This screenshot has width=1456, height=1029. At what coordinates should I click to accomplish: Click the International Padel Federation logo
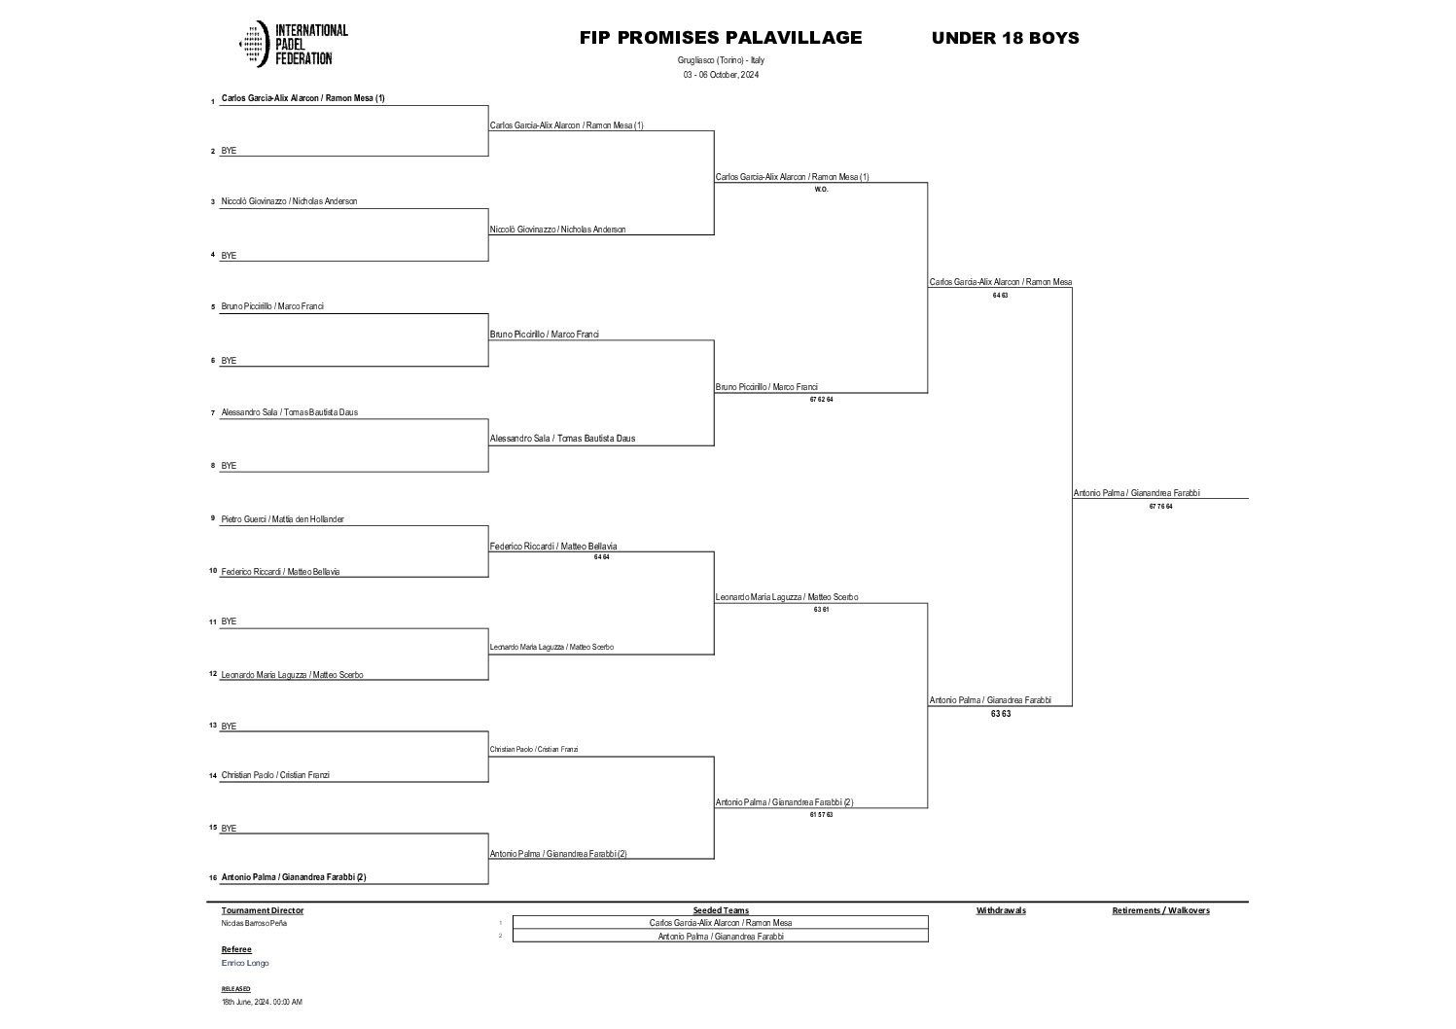tap(294, 45)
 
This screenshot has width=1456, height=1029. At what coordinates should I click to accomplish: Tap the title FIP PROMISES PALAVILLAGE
tap(721, 38)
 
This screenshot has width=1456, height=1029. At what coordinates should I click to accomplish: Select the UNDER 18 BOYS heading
tap(1005, 39)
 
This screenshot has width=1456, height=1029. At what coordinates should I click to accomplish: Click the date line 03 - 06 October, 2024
tap(721, 75)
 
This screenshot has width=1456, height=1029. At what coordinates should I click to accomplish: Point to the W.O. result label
tap(821, 190)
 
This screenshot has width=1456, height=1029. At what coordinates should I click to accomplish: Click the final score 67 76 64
tap(1160, 506)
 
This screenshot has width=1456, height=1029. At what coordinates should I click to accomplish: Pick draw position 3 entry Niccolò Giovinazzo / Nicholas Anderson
tap(289, 201)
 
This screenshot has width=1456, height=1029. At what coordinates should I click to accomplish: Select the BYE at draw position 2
tap(229, 151)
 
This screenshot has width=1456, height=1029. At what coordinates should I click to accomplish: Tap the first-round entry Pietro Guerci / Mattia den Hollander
tap(282, 519)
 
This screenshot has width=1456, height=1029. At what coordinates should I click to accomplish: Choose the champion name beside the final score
tap(1136, 493)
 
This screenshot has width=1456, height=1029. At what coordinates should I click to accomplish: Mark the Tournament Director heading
tap(263, 910)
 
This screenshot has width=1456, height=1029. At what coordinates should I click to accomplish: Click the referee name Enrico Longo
tap(245, 963)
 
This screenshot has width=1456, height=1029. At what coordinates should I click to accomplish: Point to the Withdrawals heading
tap(1001, 910)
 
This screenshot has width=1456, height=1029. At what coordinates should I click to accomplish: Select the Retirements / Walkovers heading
tap(1160, 910)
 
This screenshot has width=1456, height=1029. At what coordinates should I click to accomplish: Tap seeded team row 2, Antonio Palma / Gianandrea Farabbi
tap(721, 937)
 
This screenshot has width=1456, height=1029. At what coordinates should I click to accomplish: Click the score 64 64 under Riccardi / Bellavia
tap(601, 557)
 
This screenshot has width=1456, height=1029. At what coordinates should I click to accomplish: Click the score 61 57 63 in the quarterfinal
tap(821, 814)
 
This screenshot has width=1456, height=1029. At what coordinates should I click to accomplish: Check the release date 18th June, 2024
tap(262, 1002)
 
